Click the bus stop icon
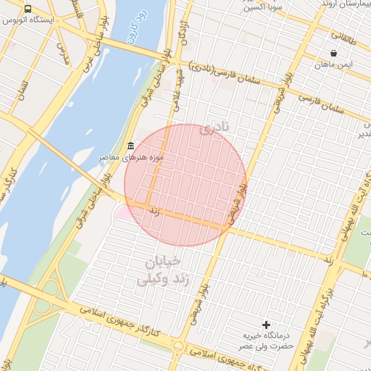(28, 9)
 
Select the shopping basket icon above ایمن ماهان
(333, 53)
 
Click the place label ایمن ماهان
(333, 64)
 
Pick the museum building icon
(130, 146)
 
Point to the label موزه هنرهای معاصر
(131, 157)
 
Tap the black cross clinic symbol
(267, 325)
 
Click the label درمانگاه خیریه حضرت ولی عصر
(267, 341)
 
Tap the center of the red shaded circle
(185, 185)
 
